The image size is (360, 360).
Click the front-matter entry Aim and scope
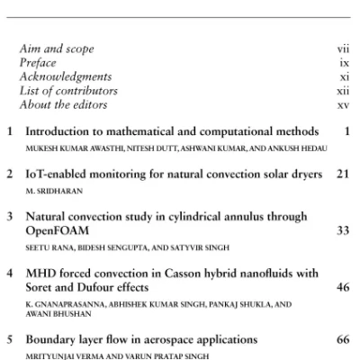pos(56,49)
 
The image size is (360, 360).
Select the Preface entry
pos(38,63)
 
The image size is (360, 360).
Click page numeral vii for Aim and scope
pos(343,49)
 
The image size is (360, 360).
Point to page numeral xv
pos(343,104)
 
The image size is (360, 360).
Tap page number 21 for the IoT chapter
pos(342,174)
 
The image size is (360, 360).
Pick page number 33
pos(342,230)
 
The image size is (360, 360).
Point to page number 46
pos(342,288)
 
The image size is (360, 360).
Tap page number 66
pos(342,340)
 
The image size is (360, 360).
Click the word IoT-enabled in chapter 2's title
pos(59,174)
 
